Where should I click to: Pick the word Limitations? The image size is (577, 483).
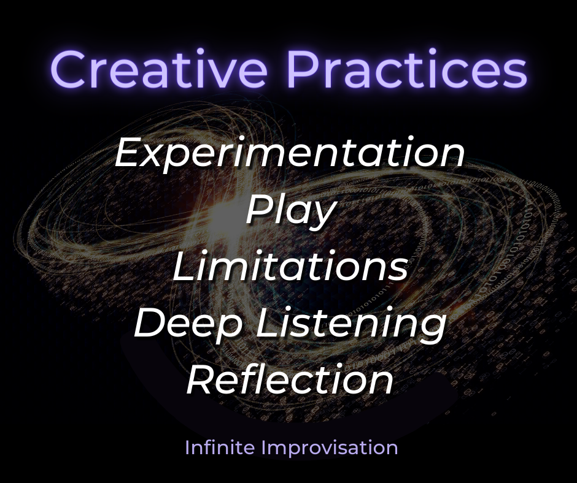(x=290, y=268)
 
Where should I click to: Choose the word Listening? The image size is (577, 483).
(x=350, y=325)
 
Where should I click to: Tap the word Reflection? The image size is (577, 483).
(x=290, y=379)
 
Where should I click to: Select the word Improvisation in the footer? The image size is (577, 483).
(x=330, y=447)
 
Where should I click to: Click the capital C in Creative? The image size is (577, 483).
(x=69, y=69)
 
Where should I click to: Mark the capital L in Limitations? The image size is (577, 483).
(x=183, y=268)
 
